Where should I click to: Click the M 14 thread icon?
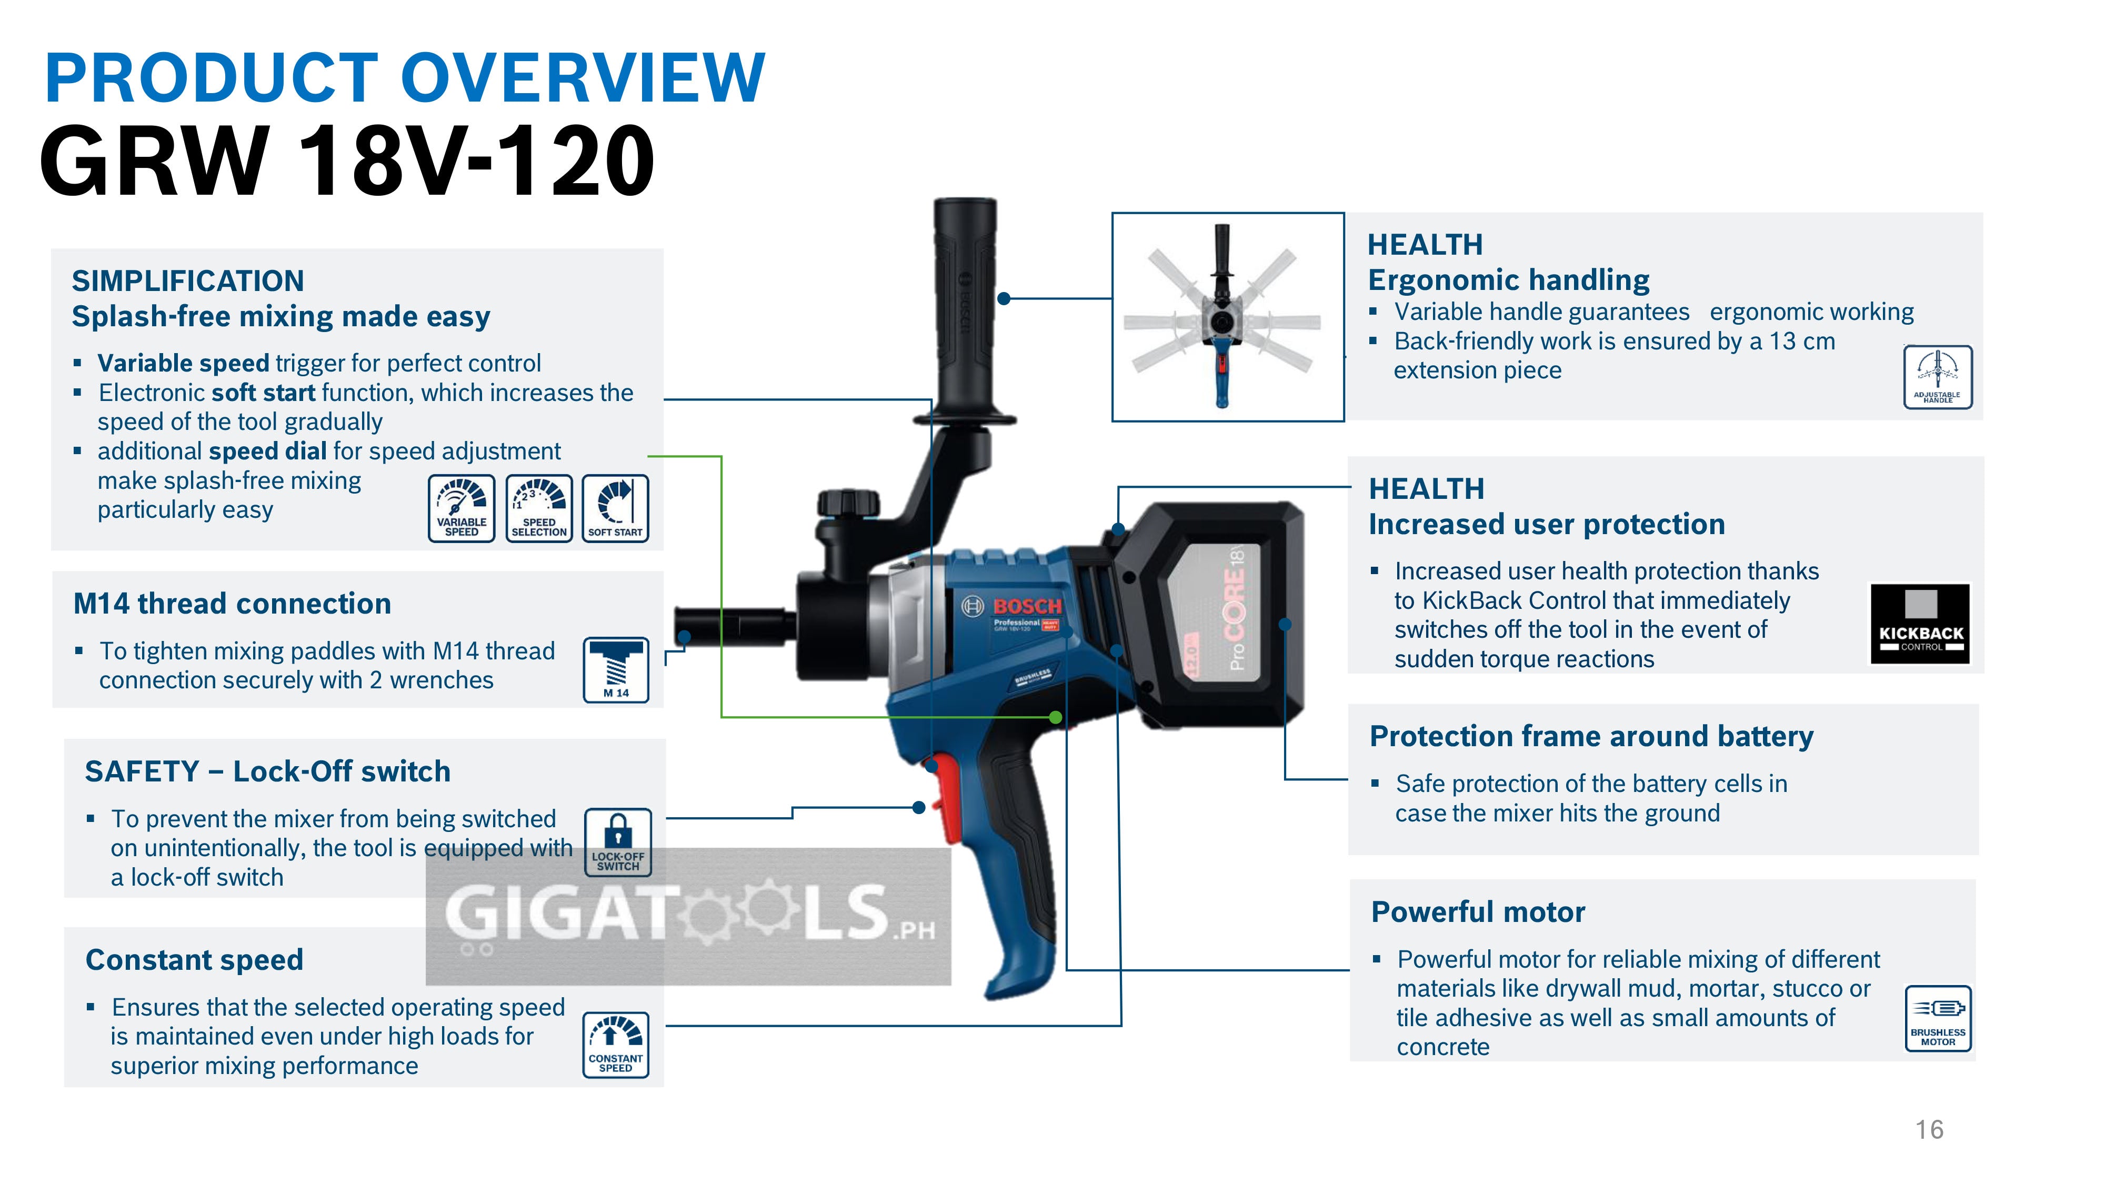(616, 670)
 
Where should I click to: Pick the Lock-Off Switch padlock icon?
(618, 841)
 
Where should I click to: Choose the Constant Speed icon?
(615, 1044)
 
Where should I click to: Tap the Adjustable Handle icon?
(1938, 377)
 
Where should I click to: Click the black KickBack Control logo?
(1920, 624)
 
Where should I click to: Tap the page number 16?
(1929, 1129)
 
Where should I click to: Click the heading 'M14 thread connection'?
(232, 604)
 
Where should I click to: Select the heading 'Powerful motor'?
(1477, 912)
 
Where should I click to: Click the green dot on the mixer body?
(1056, 717)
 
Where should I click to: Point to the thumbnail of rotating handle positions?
(1227, 317)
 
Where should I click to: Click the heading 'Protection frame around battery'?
(1591, 736)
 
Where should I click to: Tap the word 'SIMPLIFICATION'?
(188, 281)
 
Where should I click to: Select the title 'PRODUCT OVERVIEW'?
(405, 78)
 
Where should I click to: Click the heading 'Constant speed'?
(195, 959)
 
